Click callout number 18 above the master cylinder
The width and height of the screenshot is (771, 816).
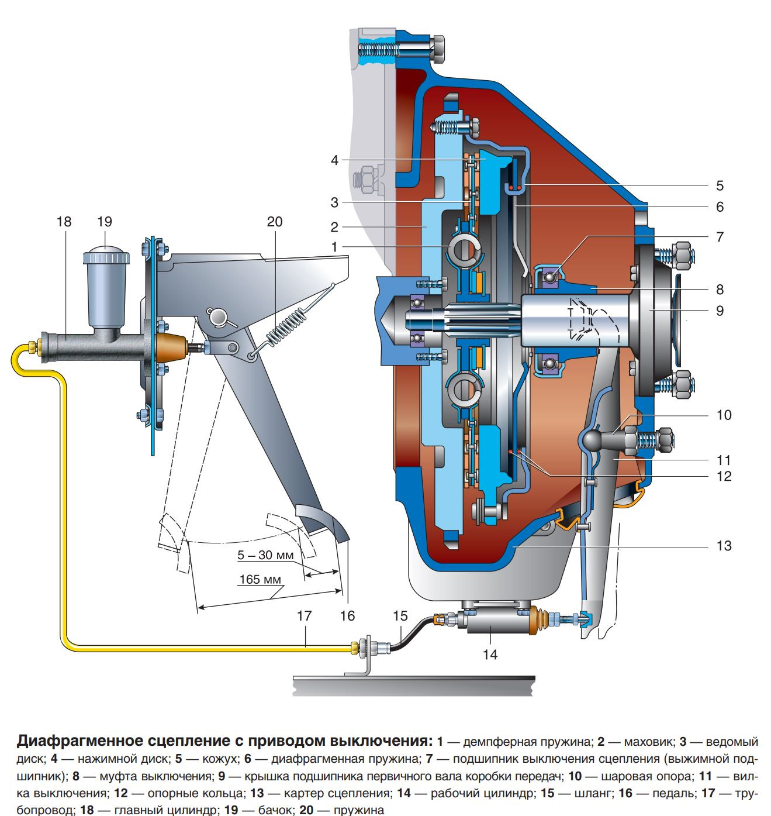click(64, 222)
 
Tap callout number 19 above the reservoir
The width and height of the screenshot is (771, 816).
click(105, 222)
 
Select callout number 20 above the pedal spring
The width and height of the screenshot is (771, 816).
click(274, 222)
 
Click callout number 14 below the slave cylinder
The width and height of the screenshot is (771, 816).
click(490, 654)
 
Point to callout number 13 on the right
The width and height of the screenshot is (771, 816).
click(724, 546)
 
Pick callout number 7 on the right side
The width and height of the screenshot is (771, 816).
click(720, 237)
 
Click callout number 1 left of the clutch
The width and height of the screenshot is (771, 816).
click(334, 247)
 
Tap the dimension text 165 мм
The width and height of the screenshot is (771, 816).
click(260, 580)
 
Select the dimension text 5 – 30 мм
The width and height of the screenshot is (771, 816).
click(265, 555)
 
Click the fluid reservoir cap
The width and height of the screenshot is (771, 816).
click(105, 257)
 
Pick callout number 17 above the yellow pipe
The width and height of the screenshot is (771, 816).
click(304, 616)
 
